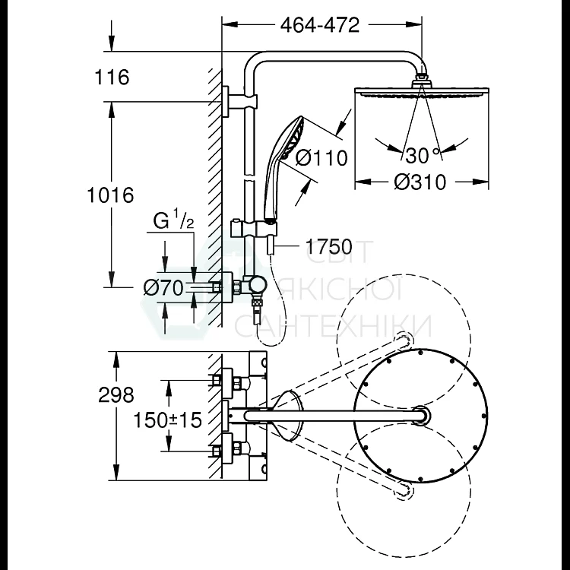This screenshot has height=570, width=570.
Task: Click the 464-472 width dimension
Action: click(x=320, y=25)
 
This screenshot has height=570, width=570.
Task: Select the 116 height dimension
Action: click(x=112, y=77)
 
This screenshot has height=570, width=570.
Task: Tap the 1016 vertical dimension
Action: click(x=110, y=195)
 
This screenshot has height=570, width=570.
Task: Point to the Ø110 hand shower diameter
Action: click(x=321, y=158)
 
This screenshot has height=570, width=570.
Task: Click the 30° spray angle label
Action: click(x=423, y=155)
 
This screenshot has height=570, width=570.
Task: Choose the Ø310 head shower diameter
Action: click(x=420, y=182)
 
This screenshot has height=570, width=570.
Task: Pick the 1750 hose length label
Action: click(x=329, y=246)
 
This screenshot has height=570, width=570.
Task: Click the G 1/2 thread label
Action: click(x=173, y=220)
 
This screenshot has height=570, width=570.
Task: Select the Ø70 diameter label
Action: click(x=163, y=288)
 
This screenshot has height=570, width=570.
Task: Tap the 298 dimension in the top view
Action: click(x=116, y=394)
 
